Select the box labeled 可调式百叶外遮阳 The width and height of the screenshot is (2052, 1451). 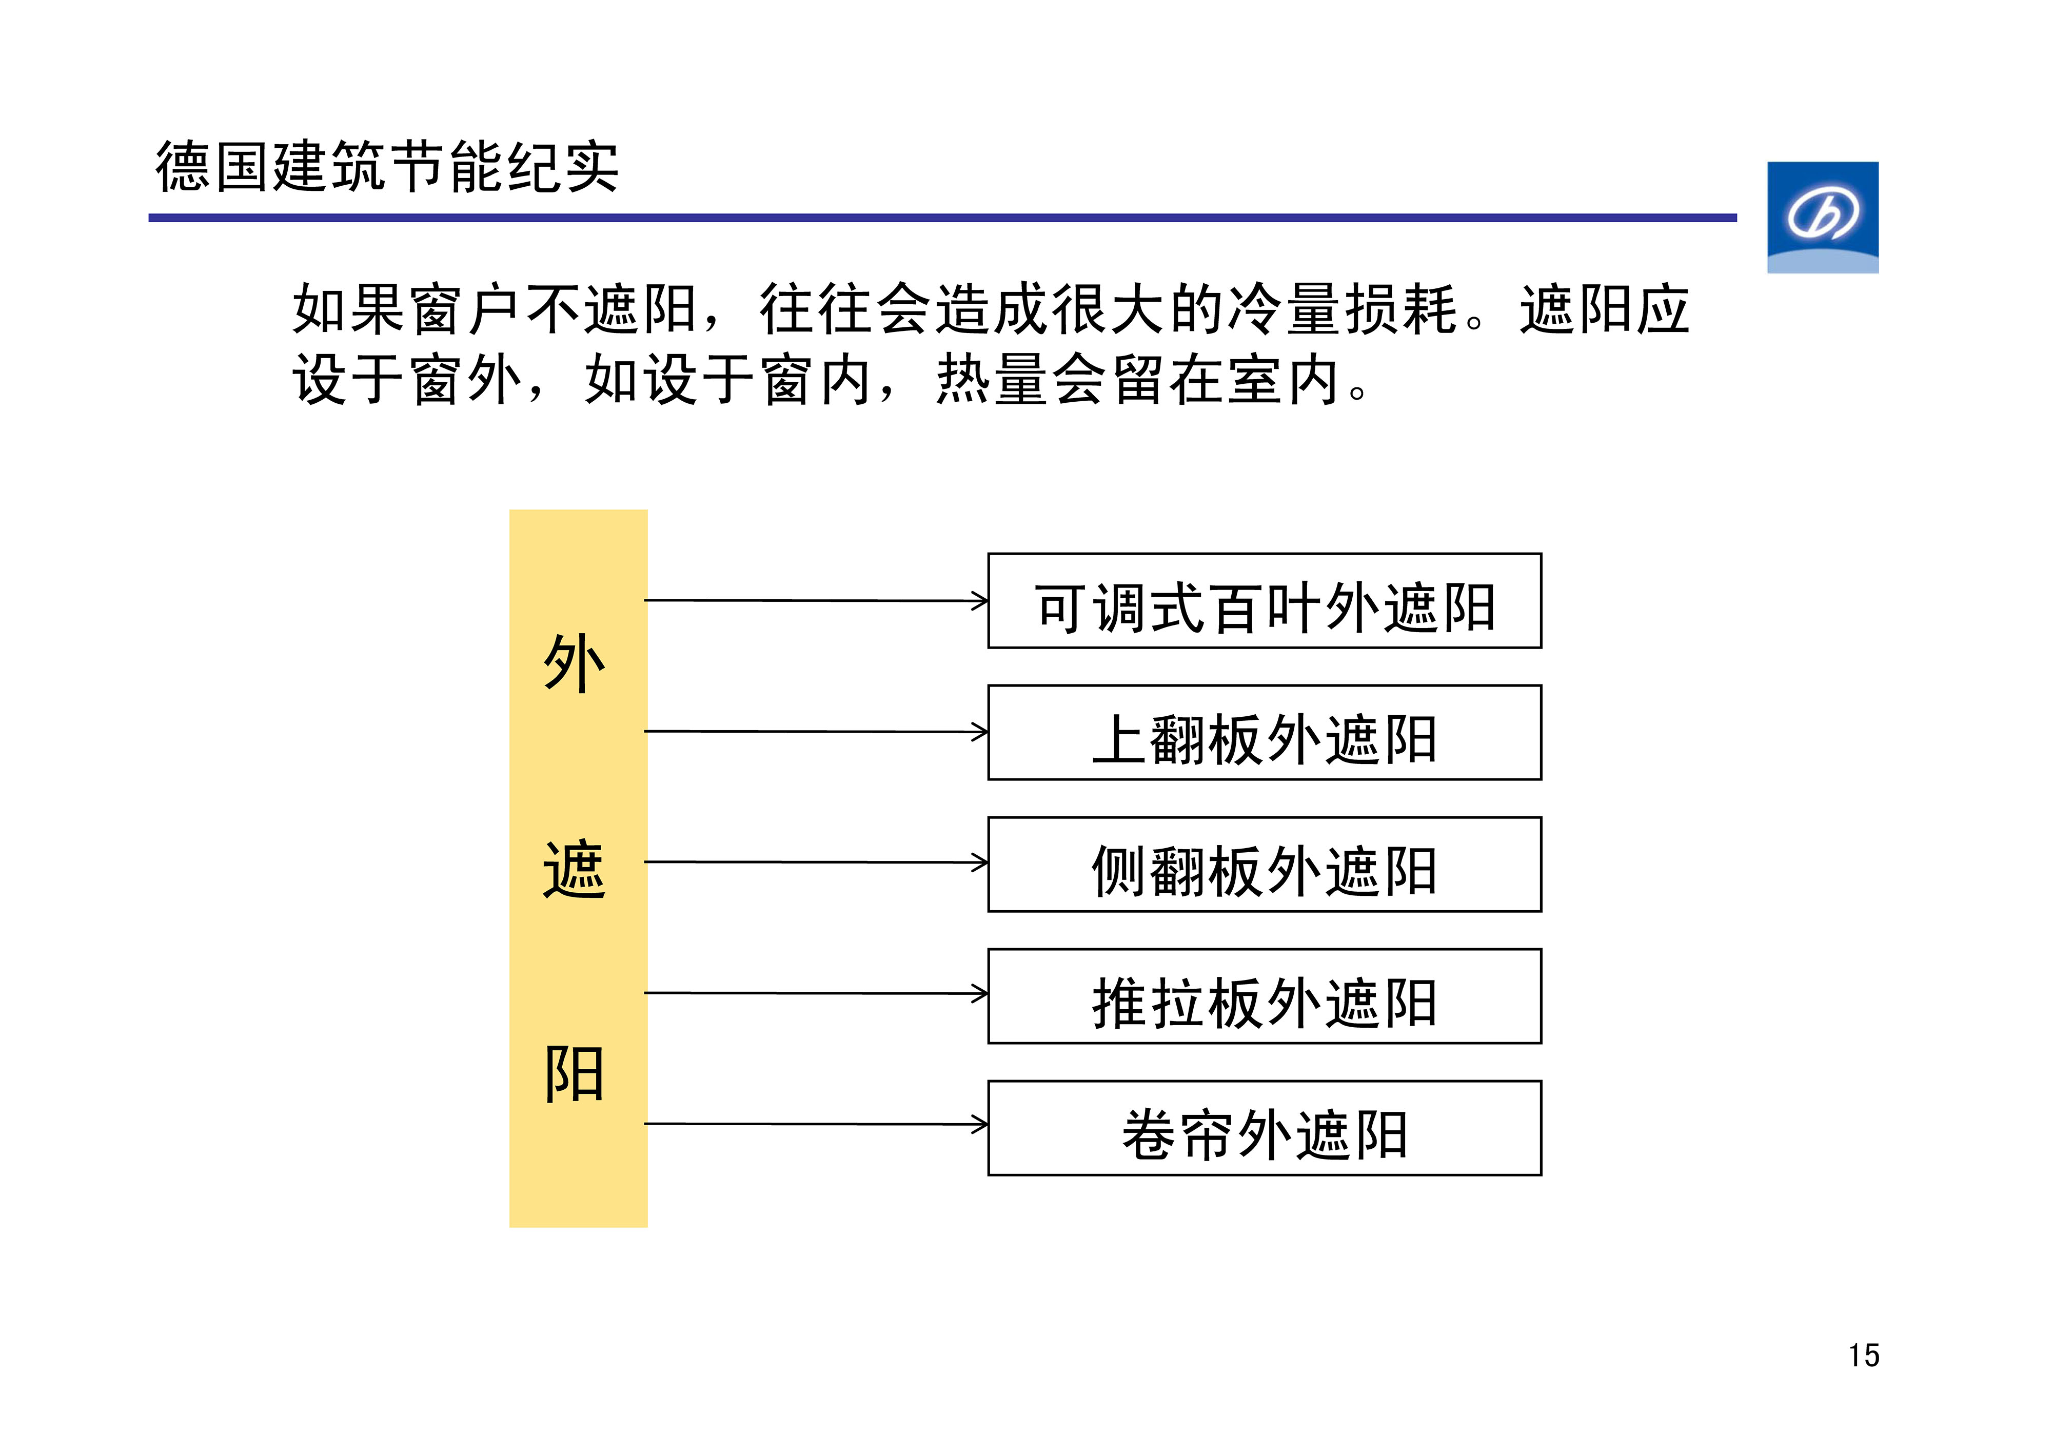[x=1265, y=601]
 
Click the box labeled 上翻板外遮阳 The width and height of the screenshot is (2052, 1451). [x=1265, y=732]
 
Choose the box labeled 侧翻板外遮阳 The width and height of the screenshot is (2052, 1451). [x=1265, y=865]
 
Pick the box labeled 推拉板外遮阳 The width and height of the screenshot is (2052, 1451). [x=1265, y=996]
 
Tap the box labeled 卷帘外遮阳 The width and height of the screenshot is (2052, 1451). [x=1265, y=1128]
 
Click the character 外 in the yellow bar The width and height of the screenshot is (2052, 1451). [x=575, y=663]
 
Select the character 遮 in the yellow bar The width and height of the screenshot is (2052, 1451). [x=575, y=869]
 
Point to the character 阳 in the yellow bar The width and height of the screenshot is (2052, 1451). [x=575, y=1074]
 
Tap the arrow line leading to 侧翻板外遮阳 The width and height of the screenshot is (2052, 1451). [x=816, y=862]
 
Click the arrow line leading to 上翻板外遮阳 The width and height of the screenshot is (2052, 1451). [x=816, y=731]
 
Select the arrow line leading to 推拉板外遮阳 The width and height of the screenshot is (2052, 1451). [x=816, y=993]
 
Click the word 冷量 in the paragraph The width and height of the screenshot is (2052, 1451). [x=1284, y=309]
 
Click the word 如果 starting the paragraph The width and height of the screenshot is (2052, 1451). [x=348, y=309]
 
